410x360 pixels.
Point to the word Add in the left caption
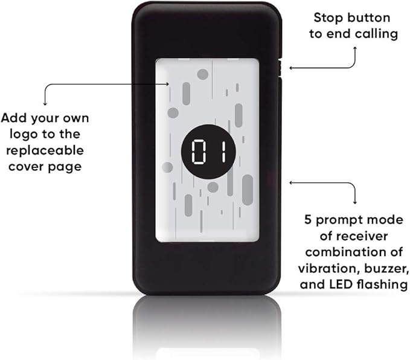[x=15, y=118]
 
